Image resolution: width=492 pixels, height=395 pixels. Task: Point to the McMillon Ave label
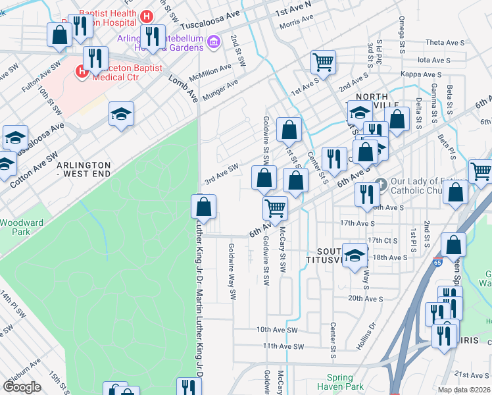tap(210, 72)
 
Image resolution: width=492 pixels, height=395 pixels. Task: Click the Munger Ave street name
tap(223, 88)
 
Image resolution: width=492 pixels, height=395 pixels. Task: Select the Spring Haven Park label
tap(345, 382)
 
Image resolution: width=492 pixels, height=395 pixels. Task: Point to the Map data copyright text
tap(464, 390)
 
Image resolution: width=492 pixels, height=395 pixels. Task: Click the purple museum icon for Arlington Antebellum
tap(212, 43)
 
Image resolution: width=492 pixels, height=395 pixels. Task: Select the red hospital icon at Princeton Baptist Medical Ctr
tap(82, 71)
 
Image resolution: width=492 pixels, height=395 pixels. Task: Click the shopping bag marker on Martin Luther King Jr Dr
tap(204, 207)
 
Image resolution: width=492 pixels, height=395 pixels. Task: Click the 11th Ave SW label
tap(281, 346)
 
